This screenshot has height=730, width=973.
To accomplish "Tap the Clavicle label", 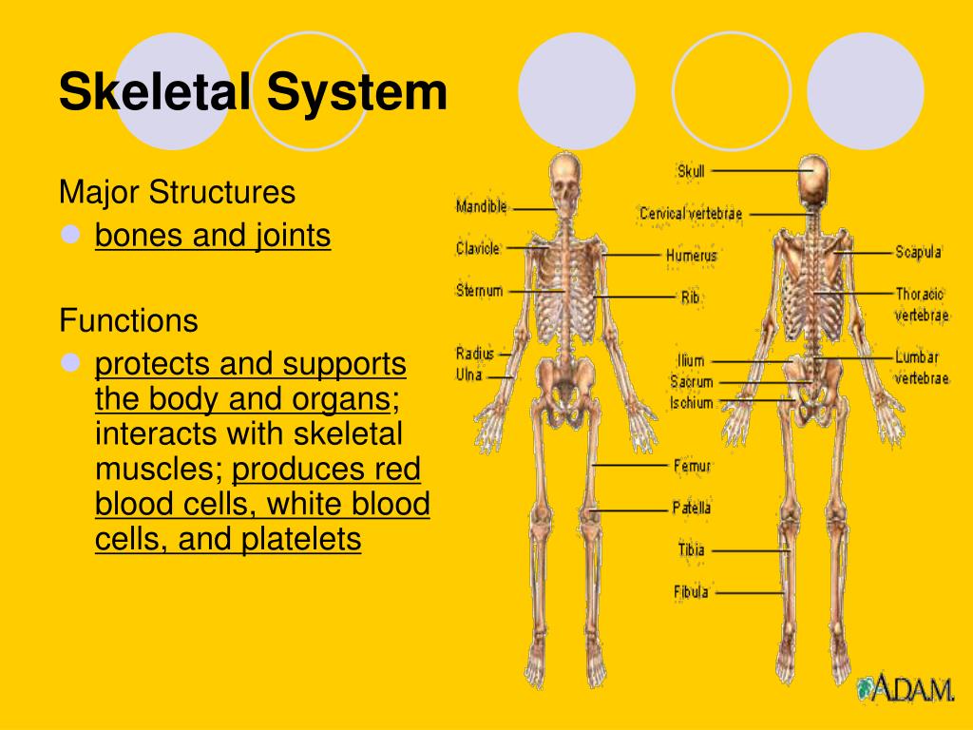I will click(477, 248).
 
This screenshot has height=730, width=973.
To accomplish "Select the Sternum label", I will click(479, 291).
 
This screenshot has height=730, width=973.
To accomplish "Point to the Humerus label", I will click(691, 256).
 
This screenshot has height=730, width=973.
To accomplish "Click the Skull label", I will click(691, 171).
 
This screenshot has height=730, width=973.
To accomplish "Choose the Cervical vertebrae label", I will click(691, 214).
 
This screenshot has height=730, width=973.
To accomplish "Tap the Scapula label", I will click(918, 252).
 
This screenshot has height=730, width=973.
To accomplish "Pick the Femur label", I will click(692, 466).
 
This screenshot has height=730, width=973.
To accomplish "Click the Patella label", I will click(691, 509).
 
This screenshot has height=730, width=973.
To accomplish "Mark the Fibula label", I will click(691, 592).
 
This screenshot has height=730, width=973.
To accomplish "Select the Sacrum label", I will click(691, 382).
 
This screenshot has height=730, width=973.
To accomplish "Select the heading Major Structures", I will click(177, 193).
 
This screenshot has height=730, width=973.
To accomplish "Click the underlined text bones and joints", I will click(213, 235).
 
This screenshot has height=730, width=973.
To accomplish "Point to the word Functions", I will click(128, 320).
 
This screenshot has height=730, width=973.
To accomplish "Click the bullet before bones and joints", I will click(70, 235).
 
